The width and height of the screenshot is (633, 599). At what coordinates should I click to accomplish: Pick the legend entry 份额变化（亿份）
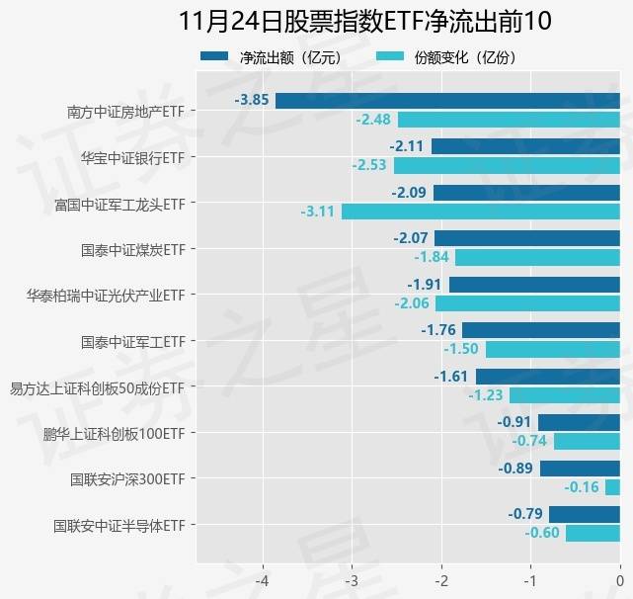465,57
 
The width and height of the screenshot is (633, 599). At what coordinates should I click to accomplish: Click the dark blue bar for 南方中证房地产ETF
447,101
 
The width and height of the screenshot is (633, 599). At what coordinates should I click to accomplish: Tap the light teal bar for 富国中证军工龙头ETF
480,212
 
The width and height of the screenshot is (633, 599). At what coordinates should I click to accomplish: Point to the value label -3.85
253,101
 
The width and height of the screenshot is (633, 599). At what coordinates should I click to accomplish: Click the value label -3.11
319,212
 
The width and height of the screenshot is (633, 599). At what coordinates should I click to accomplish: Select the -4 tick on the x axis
263,579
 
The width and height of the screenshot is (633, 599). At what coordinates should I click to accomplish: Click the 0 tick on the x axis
619,579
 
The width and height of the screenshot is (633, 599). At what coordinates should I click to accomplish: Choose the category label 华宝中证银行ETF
133,157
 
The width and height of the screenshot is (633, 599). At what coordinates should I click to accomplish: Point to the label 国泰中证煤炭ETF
133,249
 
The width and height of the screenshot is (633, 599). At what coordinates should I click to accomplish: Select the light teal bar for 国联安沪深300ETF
612,487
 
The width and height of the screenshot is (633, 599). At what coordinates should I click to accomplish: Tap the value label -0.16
582,487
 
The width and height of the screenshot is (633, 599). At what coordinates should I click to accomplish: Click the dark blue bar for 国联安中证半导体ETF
584,514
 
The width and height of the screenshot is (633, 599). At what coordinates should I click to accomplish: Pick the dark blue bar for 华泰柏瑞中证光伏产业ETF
534,285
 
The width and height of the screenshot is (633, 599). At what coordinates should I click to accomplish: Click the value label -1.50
461,349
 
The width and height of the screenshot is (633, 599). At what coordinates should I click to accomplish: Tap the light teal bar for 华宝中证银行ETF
507,165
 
